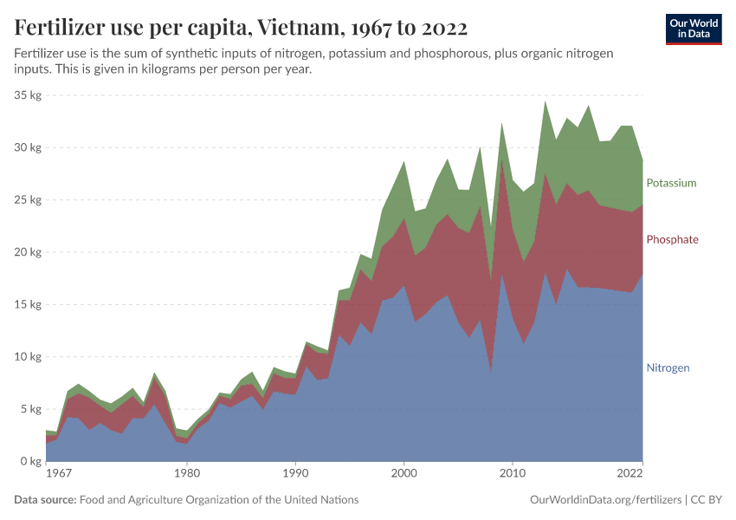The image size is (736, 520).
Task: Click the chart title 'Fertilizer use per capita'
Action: click(x=241, y=29)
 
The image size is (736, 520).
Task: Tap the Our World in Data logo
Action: click(x=693, y=29)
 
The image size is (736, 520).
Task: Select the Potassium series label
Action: click(x=671, y=183)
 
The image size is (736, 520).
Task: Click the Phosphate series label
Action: click(x=672, y=239)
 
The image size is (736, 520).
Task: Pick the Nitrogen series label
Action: click(x=668, y=367)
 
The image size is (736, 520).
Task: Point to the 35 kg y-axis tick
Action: click(x=28, y=95)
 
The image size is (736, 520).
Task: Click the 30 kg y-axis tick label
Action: click(x=28, y=147)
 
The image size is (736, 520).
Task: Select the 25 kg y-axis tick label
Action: click(x=28, y=200)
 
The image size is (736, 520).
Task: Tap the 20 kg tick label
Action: click(x=28, y=252)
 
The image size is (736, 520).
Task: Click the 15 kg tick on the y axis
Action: click(x=28, y=304)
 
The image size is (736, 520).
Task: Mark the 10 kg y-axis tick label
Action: click(x=28, y=357)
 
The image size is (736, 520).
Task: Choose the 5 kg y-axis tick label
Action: click(x=30, y=409)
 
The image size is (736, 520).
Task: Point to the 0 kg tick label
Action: click(x=30, y=461)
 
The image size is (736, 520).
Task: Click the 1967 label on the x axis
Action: click(x=58, y=475)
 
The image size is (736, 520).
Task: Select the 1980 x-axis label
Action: click(x=185, y=475)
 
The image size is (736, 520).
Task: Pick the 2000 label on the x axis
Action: click(x=404, y=475)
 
